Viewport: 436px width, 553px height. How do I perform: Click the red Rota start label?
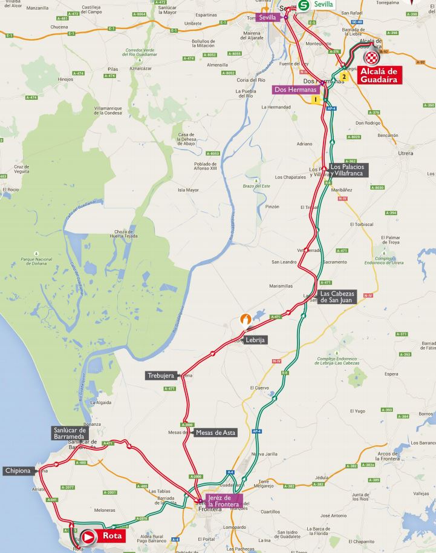tap(112, 536)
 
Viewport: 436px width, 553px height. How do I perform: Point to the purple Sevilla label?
tap(267, 18)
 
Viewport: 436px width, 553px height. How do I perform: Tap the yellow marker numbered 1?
tap(314, 98)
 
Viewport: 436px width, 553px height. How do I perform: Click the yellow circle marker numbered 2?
tap(344, 77)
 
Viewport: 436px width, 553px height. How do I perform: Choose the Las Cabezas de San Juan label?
tap(338, 296)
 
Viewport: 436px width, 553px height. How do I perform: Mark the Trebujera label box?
tap(161, 376)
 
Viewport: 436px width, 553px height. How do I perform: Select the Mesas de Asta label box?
tap(216, 432)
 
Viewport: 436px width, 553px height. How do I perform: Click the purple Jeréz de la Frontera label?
tap(224, 500)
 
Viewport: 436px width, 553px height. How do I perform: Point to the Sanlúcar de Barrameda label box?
tap(71, 433)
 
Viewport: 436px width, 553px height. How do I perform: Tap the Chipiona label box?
tap(19, 471)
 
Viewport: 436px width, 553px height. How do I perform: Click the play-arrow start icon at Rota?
tap(89, 536)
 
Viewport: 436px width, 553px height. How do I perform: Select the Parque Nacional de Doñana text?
tap(38, 260)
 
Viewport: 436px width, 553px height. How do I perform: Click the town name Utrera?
tap(406, 153)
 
